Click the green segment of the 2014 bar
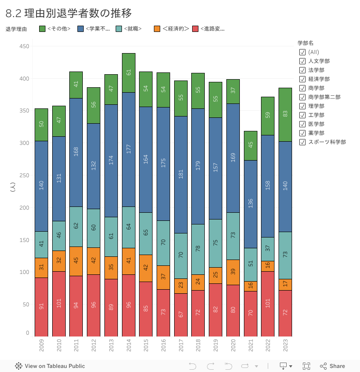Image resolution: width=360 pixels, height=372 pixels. point(129,72)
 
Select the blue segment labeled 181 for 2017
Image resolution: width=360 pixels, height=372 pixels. point(181,175)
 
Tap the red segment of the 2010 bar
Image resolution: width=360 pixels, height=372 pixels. point(59,304)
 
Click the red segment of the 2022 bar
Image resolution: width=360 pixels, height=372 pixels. point(268,304)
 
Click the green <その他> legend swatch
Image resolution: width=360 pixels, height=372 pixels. point(43,29)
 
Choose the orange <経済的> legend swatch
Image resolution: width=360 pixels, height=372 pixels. point(157,29)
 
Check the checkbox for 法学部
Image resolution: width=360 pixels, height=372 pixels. point(302,70)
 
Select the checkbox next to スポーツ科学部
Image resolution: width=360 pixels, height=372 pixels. point(302,142)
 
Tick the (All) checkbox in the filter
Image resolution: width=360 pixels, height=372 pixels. point(302,52)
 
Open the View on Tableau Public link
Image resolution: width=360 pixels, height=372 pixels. point(50,366)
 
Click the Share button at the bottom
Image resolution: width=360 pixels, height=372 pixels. point(333,366)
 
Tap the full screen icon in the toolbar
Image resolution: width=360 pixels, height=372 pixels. point(306,366)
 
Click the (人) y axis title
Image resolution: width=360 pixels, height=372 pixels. point(13,189)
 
